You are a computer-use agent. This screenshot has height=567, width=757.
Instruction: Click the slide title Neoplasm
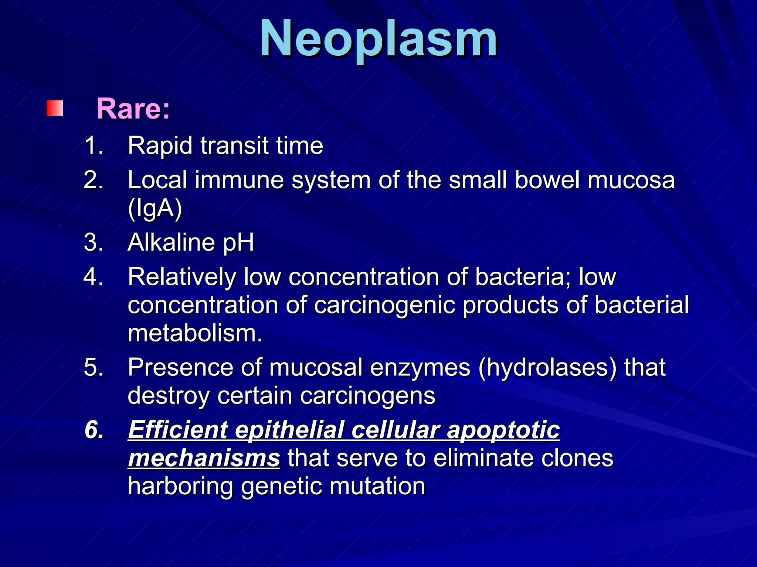378,39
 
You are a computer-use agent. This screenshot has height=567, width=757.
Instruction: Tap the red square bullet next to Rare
55,109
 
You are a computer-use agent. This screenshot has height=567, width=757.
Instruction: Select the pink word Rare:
133,109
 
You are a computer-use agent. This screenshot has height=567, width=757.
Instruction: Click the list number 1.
93,145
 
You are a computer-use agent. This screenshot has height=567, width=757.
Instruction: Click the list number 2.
93,180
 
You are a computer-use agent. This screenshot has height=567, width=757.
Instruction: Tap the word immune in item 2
239,180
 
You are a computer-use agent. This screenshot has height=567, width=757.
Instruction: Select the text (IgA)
155,209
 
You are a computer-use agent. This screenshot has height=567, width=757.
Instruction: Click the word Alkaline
171,243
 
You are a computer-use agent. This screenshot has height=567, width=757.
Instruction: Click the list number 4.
93,277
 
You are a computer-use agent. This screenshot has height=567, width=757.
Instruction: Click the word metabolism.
195,333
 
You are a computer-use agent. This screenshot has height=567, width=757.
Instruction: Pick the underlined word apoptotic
503,431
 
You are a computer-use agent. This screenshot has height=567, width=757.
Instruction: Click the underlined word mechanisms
204,458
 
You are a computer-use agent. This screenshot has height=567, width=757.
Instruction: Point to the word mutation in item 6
377,486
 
